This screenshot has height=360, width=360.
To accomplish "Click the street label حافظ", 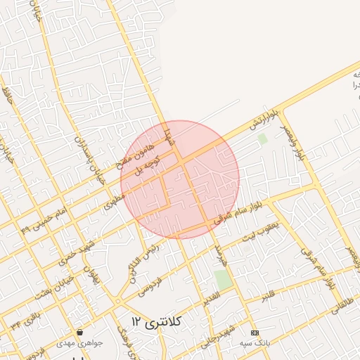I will [8, 96].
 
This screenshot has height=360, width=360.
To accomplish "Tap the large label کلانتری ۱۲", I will [156, 322].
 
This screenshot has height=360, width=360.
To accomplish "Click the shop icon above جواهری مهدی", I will [79, 332].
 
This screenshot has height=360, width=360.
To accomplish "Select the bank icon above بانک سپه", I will [255, 332].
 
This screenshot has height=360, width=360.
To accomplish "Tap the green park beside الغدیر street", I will [224, 279].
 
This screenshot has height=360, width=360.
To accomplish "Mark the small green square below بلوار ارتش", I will [262, 139].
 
